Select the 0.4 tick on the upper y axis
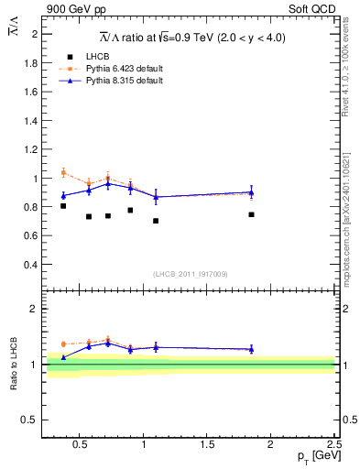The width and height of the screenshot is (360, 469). click(32, 265)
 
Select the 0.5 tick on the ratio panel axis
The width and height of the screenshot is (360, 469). click(30, 420)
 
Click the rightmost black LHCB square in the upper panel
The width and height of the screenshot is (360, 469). click(251, 214)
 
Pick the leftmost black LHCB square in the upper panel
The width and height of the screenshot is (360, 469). click(63, 206)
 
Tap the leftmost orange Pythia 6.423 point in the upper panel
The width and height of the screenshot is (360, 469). click(63, 172)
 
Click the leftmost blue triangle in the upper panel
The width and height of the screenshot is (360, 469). click(63, 195)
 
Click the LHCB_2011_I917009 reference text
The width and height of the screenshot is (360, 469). click(190, 274)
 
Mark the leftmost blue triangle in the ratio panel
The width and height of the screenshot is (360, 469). click(63, 357)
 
